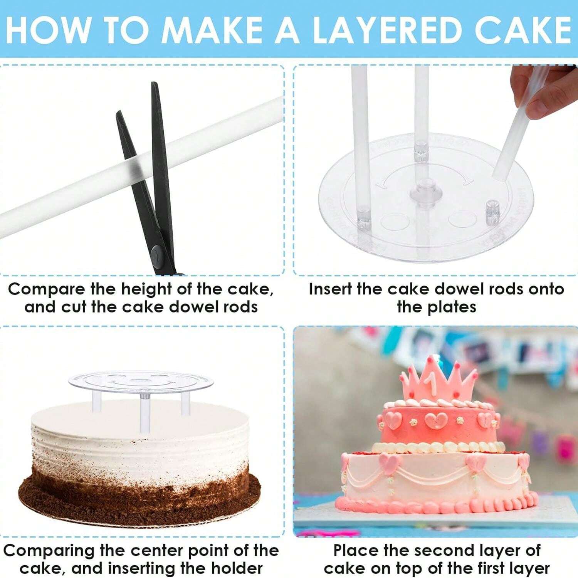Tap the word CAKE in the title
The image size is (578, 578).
pos(523,30)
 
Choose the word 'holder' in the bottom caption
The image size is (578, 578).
pos(237,568)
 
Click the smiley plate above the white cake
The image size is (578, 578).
pos(141,381)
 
